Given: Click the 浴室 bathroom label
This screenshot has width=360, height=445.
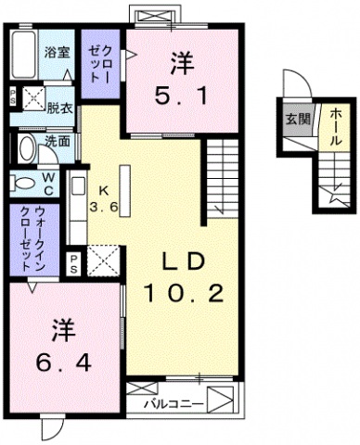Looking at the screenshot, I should tap(57, 54).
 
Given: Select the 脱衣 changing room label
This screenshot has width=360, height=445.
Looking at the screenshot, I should tap(61, 108).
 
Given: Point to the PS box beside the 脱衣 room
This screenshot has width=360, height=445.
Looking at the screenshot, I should tap(12, 96).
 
